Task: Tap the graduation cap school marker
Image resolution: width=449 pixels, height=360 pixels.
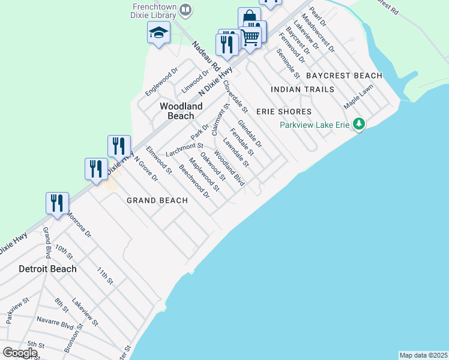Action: [158, 33]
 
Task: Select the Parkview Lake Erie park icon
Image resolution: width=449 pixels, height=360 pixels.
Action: [359, 124]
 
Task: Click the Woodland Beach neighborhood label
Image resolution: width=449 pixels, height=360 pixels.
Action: [176, 111]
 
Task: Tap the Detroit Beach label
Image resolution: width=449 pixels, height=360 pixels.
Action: [47, 269]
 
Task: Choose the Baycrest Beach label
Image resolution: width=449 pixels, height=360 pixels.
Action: [344, 76]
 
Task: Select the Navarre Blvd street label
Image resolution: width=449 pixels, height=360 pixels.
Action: [55, 323]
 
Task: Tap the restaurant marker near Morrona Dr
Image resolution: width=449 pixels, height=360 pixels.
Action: [58, 203]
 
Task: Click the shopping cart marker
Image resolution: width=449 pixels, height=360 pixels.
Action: [251, 37]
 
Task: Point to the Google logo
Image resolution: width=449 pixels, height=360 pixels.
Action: [19, 353]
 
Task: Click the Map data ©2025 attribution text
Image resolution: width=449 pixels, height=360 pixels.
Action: [423, 355]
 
